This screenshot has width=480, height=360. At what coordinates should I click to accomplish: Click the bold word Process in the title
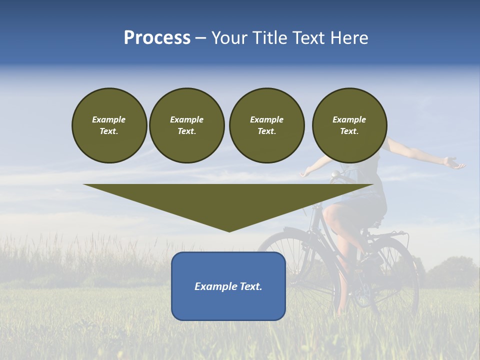pyautogui.click(x=157, y=38)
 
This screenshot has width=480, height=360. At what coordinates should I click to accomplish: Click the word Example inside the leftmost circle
pyautogui.click(x=109, y=119)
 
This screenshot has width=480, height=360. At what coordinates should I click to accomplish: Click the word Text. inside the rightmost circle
pyautogui.click(x=349, y=131)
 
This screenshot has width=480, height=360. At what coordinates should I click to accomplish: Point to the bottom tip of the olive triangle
pyautogui.click(x=229, y=230)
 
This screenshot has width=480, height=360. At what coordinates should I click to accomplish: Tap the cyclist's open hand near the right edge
pyautogui.click(x=453, y=163)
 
